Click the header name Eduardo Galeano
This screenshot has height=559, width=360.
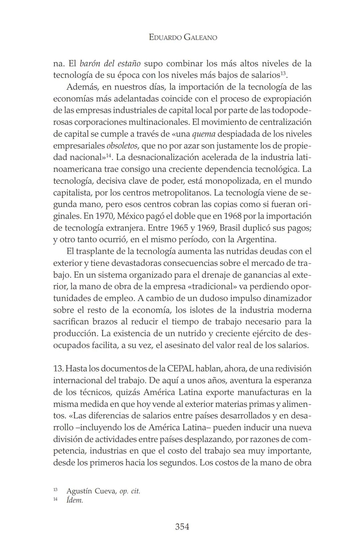pyautogui.click(x=183, y=37)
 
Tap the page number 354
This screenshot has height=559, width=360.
pyautogui.click(x=182, y=527)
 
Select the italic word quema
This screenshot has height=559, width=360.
pyautogui.click(x=204, y=134)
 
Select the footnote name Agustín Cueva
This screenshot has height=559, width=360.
pyautogui.click(x=90, y=491)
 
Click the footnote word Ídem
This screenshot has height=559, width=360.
pyautogui.click(x=75, y=500)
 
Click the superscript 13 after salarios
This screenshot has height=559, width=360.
pyautogui.click(x=283, y=73)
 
